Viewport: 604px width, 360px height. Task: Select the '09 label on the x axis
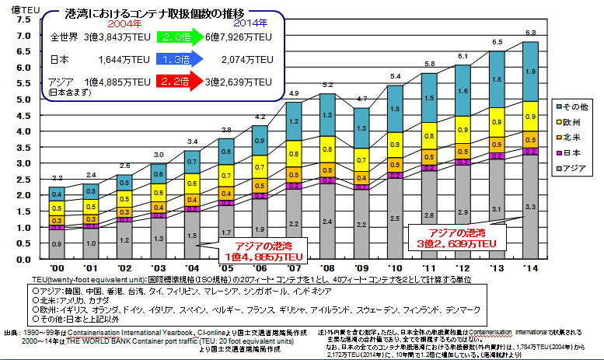point(361,267)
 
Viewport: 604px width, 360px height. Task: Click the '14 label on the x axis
point(530,267)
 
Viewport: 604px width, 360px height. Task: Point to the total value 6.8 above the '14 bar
point(531,33)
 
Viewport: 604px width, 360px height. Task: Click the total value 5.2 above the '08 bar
point(328,84)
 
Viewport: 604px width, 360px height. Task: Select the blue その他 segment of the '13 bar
point(498,80)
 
